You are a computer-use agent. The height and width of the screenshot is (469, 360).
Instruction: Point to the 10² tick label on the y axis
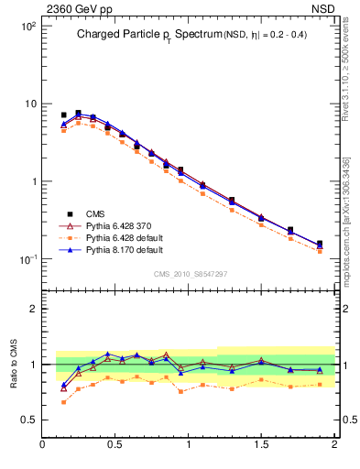[27, 26]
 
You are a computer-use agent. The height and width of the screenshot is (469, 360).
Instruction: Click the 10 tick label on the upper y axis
[29, 104]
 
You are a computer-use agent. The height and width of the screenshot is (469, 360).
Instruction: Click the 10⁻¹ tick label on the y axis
[27, 259]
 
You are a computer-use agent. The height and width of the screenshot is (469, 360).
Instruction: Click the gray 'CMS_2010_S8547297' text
[190, 273]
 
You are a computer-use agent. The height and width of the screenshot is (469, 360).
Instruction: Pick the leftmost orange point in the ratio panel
[63, 402]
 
